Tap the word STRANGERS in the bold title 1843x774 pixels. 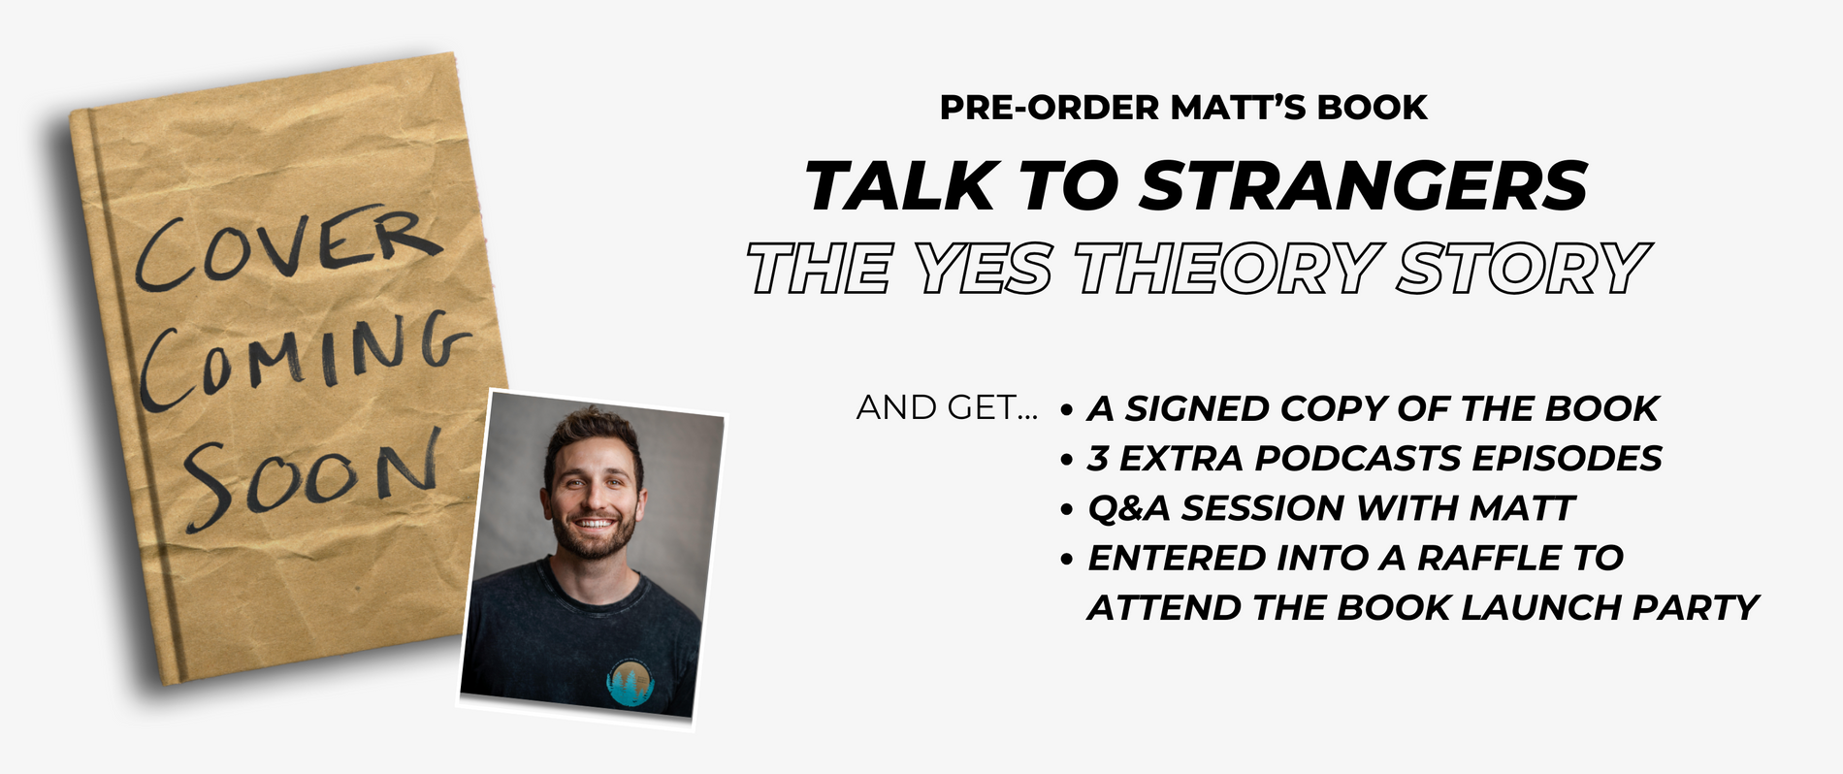click(x=1363, y=185)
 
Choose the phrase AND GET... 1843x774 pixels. click(x=947, y=408)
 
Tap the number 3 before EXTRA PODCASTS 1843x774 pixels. click(x=1097, y=458)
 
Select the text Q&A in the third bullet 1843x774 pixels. click(x=1129, y=507)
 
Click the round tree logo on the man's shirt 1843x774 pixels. click(x=634, y=682)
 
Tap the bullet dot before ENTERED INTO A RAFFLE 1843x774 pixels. click(x=1067, y=560)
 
